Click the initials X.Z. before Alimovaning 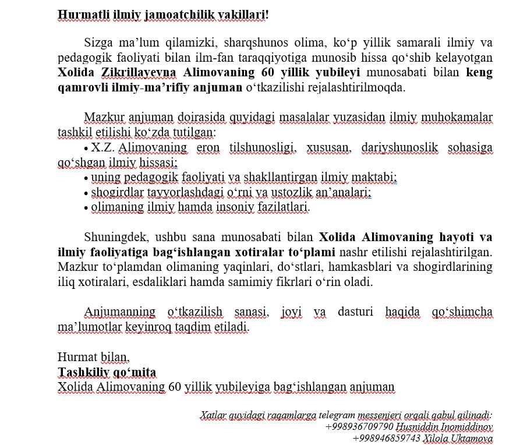(x=102, y=147)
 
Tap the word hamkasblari (x=355, y=267)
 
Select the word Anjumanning (x=119, y=312)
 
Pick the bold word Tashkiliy (x=83, y=372)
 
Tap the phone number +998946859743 (x=385, y=438)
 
